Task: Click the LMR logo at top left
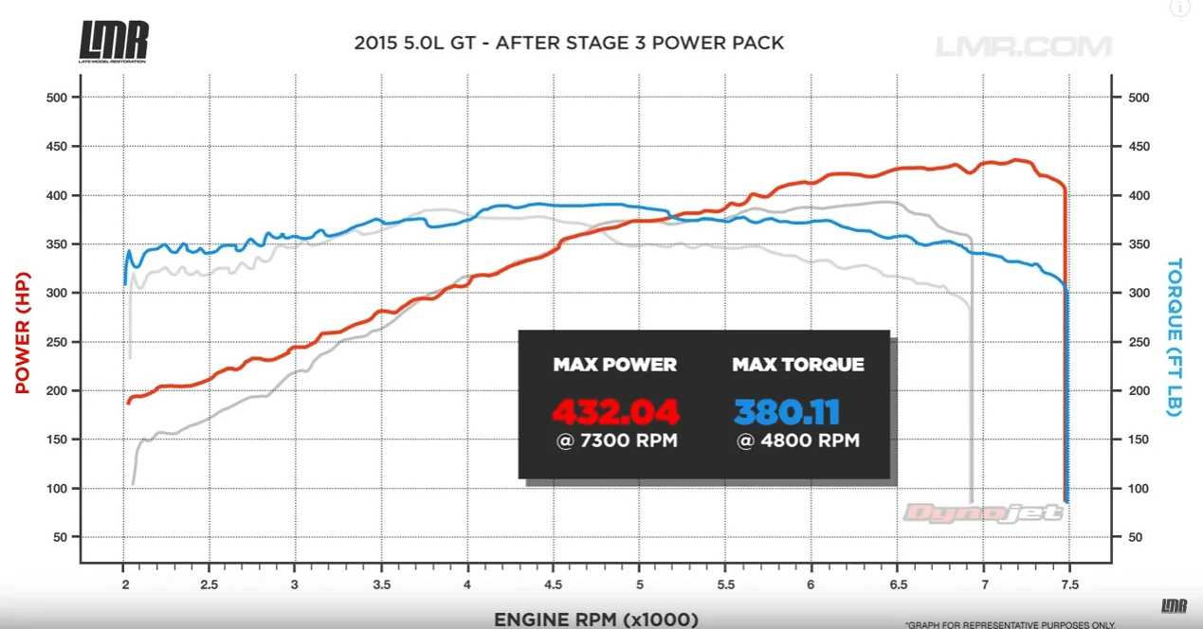[114, 42]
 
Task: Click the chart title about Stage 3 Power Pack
[569, 43]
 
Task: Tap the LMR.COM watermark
[1024, 46]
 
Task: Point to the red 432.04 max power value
[615, 412]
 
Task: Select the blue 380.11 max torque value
[787, 412]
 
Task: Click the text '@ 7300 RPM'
[616, 440]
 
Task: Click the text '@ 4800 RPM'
[798, 440]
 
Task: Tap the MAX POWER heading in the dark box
[615, 365]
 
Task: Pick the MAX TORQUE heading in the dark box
[798, 365]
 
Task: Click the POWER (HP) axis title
[23, 332]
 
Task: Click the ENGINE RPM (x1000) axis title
[596, 620]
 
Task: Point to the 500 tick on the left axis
[56, 98]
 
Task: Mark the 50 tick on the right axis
[1135, 537]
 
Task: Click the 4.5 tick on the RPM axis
[554, 584]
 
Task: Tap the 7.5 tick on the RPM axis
[1069, 584]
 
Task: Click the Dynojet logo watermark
[983, 513]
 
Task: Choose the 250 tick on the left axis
[56, 342]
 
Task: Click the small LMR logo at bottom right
[1174, 606]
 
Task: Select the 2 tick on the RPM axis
[125, 584]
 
